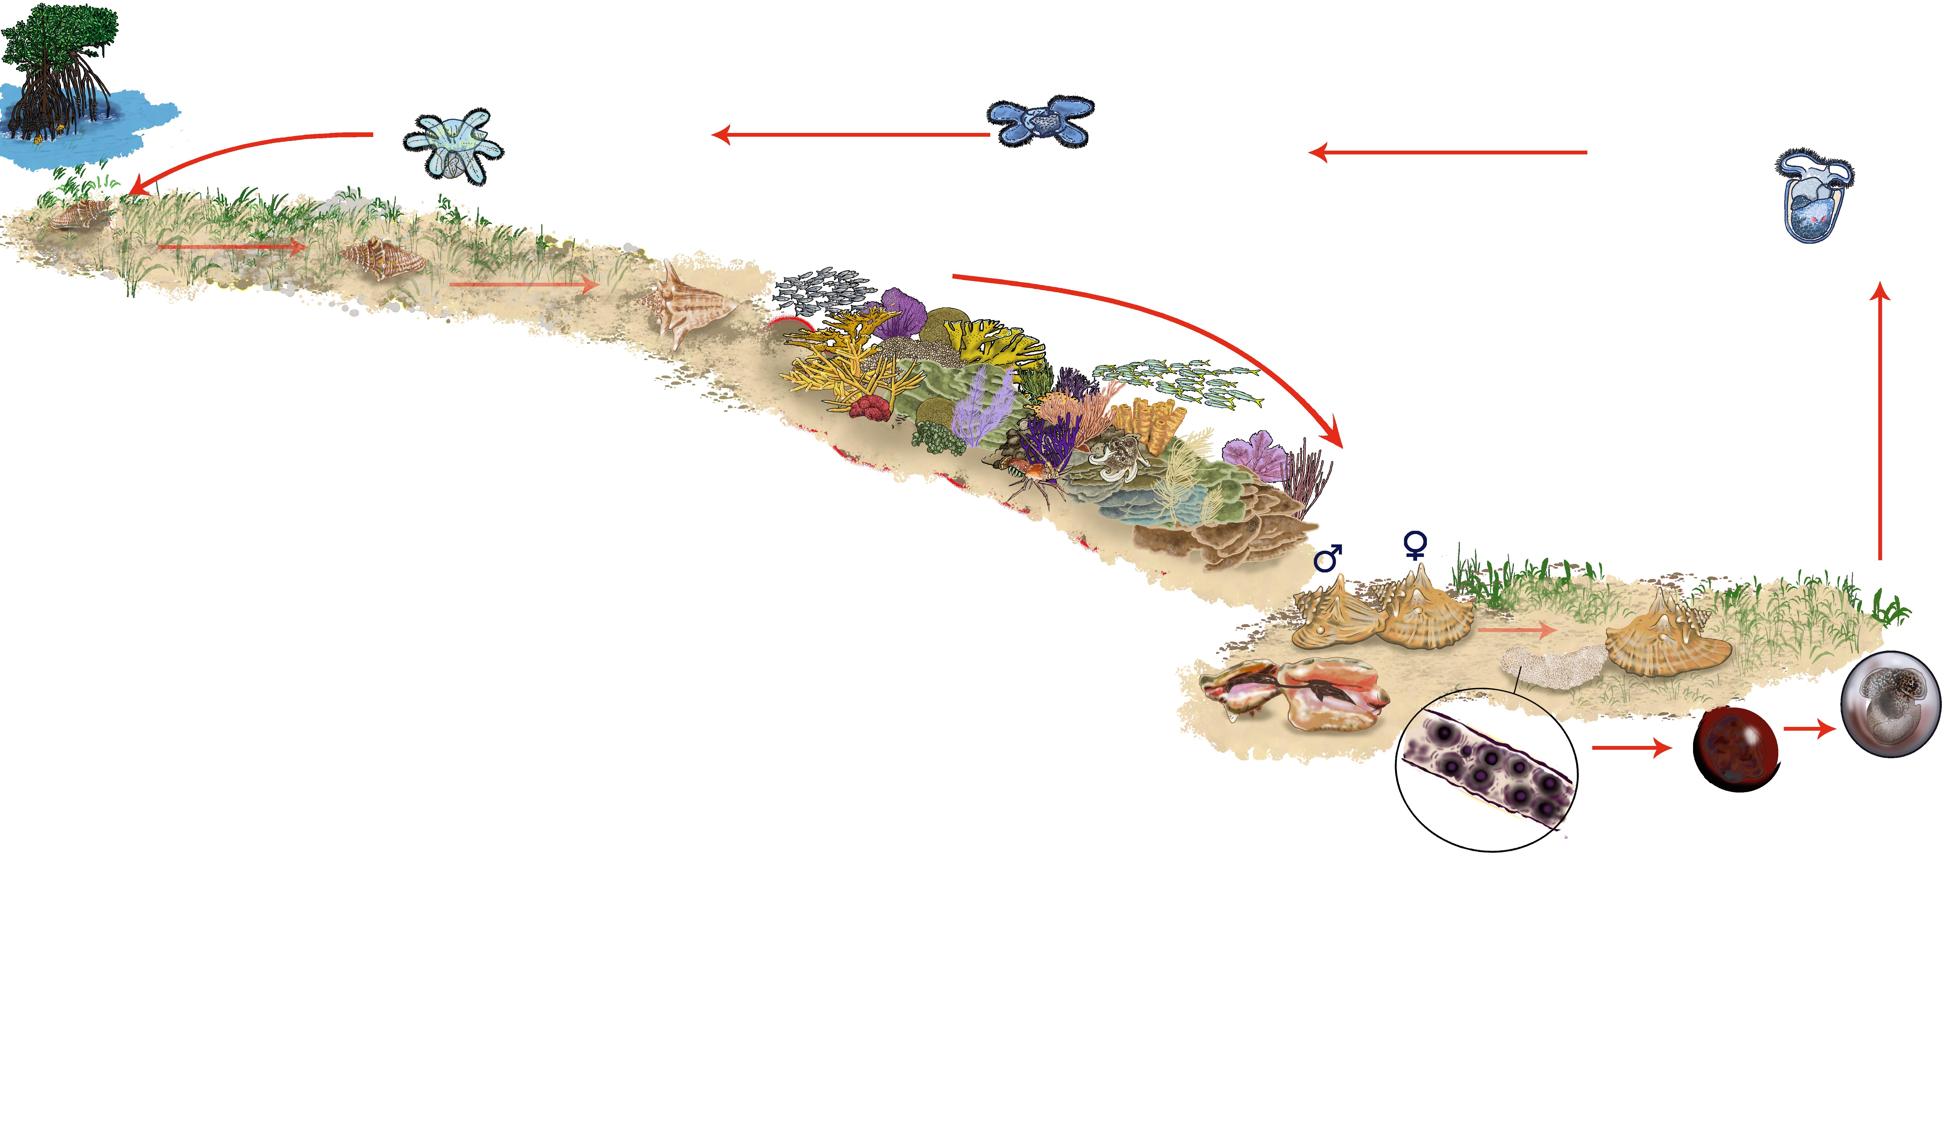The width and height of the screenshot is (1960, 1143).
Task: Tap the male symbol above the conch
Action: tap(1328, 558)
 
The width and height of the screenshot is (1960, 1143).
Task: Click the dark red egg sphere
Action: tap(1736, 748)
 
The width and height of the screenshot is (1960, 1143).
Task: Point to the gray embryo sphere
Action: tap(1891, 704)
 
